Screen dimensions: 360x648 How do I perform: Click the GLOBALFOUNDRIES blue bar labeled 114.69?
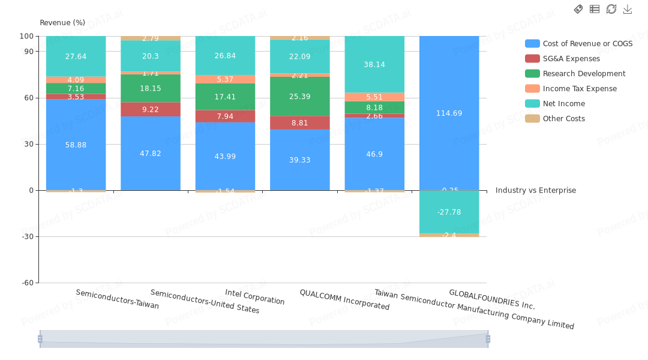[449, 113]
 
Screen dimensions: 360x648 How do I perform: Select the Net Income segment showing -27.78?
[449, 212]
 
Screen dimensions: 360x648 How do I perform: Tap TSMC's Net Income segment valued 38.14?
[374, 64]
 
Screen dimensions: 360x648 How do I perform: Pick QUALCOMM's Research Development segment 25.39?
[300, 96]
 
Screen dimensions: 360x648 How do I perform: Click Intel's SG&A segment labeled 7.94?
[225, 116]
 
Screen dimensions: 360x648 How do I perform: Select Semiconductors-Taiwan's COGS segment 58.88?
[76, 145]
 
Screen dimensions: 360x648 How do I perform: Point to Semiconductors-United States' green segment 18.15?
[151, 88]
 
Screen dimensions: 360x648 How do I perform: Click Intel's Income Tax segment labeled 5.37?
[225, 79]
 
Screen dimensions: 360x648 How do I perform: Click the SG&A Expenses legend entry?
[571, 59]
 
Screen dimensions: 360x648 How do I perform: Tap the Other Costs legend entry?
[563, 119]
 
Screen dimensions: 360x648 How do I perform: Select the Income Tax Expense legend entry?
[580, 89]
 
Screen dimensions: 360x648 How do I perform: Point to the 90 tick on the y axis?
[29, 52]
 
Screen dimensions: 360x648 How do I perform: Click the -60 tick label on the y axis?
[28, 283]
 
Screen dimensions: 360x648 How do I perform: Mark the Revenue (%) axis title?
[62, 23]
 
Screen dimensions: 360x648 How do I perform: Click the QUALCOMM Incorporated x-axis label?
[344, 299]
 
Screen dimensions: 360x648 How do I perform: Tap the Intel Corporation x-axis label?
[255, 297]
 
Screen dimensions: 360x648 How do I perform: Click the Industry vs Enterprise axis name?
[535, 191]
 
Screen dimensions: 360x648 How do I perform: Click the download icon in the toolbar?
[628, 9]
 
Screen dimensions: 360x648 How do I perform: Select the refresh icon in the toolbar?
[611, 9]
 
